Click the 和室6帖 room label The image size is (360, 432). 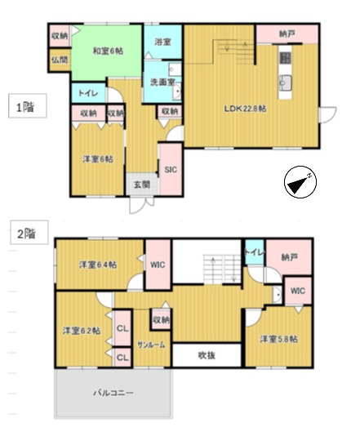(x=107, y=51)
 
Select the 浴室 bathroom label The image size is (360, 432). (x=161, y=41)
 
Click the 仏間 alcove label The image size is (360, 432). (x=59, y=60)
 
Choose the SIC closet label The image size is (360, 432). (x=171, y=170)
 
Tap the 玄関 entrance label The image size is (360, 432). (x=141, y=185)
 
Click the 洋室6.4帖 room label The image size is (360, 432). (x=98, y=265)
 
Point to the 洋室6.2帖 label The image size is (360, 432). (x=82, y=331)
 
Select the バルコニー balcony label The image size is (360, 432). (x=112, y=393)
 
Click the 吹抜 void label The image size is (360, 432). (x=206, y=355)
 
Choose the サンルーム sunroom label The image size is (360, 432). (x=152, y=345)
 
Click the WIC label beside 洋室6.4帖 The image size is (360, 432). (x=158, y=265)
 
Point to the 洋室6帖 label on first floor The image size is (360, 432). (x=96, y=158)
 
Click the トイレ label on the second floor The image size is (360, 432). (x=254, y=254)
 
